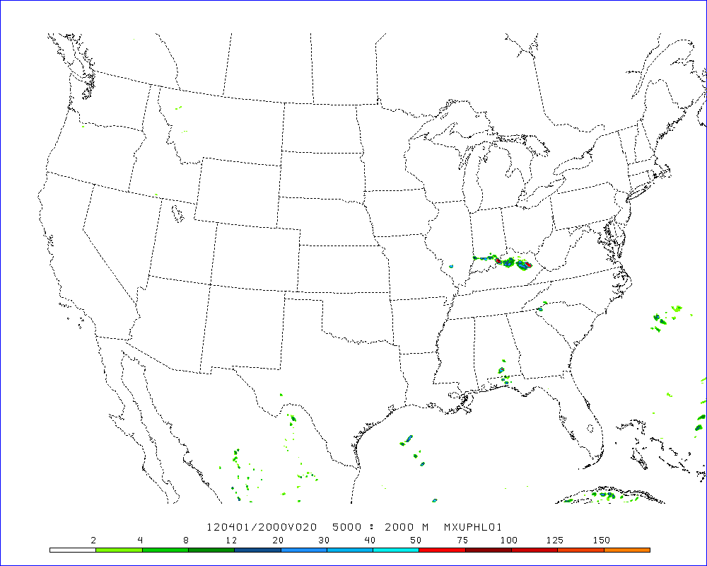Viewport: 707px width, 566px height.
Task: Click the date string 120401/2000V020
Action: pyautogui.click(x=261, y=527)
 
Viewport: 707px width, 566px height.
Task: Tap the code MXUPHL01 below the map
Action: pyautogui.click(x=473, y=527)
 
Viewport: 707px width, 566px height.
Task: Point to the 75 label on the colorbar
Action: pyautogui.click(x=462, y=541)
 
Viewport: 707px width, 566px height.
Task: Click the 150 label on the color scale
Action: pyautogui.click(x=602, y=541)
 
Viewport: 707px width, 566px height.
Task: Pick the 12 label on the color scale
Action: pyautogui.click(x=230, y=541)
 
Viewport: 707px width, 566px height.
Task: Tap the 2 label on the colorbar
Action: pyautogui.click(x=94, y=541)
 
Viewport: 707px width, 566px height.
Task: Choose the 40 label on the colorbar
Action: pyautogui.click(x=369, y=541)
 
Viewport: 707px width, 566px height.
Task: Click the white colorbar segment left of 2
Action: pyautogui.click(x=73, y=549)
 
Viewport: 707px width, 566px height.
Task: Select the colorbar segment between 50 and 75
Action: pyautogui.click(x=443, y=549)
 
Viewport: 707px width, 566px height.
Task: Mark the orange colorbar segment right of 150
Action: pyautogui.click(x=626, y=549)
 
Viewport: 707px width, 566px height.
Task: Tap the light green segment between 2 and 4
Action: pyautogui.click(x=119, y=549)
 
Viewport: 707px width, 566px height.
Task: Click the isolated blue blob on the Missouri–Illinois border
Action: pyautogui.click(x=450, y=267)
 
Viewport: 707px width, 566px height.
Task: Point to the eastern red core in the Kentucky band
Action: pyautogui.click(x=528, y=265)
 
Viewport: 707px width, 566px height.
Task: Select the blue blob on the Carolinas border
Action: pyautogui.click(x=540, y=309)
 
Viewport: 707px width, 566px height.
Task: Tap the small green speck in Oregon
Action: pyautogui.click(x=83, y=126)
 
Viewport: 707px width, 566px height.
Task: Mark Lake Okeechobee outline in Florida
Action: pyautogui.click(x=590, y=428)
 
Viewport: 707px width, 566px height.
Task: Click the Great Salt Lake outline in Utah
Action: pyautogui.click(x=175, y=211)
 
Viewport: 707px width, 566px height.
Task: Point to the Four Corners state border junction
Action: pyautogui.click(x=211, y=284)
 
